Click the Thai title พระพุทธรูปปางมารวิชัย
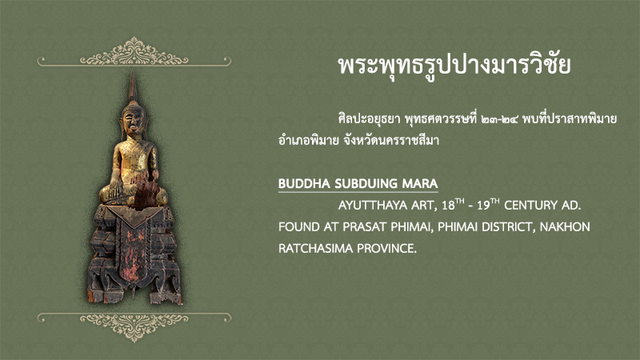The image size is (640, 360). [454, 66]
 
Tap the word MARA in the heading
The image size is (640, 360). [420, 184]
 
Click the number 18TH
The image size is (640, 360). [453, 204]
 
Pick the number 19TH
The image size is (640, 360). [488, 204]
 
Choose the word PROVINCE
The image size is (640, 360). [387, 248]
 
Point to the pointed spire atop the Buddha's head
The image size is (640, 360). [132, 86]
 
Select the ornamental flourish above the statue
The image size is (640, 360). [134, 53]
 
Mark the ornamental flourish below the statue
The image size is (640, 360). [134, 326]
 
